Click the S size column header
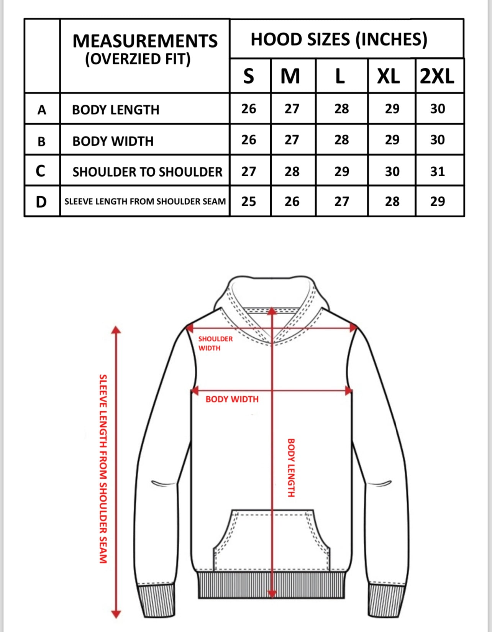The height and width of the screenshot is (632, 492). coord(249,76)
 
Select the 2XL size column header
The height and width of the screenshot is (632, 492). coord(437,76)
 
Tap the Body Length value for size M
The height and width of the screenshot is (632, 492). coord(292,109)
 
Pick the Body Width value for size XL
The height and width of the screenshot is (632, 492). coord(392,140)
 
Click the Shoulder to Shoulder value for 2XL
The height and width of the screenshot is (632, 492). coord(437,171)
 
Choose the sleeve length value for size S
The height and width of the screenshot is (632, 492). coord(249,202)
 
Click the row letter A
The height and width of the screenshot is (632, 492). coord(42,110)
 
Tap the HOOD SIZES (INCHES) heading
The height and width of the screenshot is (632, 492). coord(339,39)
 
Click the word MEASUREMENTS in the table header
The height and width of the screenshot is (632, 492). coord(145,41)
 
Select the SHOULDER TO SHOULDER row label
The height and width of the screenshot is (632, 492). coord(147,172)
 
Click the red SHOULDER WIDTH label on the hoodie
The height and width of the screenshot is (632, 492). coord(215,343)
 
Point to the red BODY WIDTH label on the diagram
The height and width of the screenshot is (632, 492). coord(232,399)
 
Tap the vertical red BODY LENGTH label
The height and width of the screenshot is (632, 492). coord(291,468)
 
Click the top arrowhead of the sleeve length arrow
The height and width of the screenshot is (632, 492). coord(116,330)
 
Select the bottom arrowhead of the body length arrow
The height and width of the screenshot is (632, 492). coord(272,594)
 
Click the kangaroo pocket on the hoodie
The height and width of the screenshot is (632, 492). coord(272,540)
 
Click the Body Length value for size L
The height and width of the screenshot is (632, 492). coord(341,109)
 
